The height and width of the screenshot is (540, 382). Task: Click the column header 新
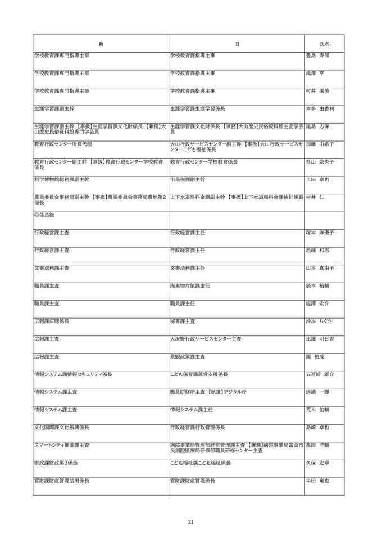pyautogui.click(x=101, y=43)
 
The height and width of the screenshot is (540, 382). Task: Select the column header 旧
pyautogui.click(x=237, y=43)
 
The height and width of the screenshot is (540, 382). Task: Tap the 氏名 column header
pyautogui.click(x=324, y=43)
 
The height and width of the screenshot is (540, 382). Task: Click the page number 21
pyautogui.click(x=191, y=522)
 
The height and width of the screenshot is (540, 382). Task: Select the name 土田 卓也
pyautogui.click(x=317, y=179)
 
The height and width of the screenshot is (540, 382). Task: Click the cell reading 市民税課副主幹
pyautogui.click(x=188, y=179)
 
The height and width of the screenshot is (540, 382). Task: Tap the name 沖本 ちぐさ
pyautogui.click(x=319, y=321)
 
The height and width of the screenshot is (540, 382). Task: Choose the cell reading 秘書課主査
pyautogui.click(x=183, y=321)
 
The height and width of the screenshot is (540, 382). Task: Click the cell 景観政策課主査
pyautogui.click(x=188, y=356)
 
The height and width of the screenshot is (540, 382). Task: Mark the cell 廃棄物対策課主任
pyautogui.click(x=190, y=285)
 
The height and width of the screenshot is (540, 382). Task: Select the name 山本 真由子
pyautogui.click(x=320, y=268)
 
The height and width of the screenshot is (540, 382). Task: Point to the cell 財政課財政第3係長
pyautogui.click(x=56, y=462)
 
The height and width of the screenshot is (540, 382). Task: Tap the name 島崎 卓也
pyautogui.click(x=317, y=427)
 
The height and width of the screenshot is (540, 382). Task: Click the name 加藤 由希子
pyautogui.click(x=320, y=144)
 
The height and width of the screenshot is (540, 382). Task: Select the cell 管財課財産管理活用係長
pyautogui.click(x=62, y=480)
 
